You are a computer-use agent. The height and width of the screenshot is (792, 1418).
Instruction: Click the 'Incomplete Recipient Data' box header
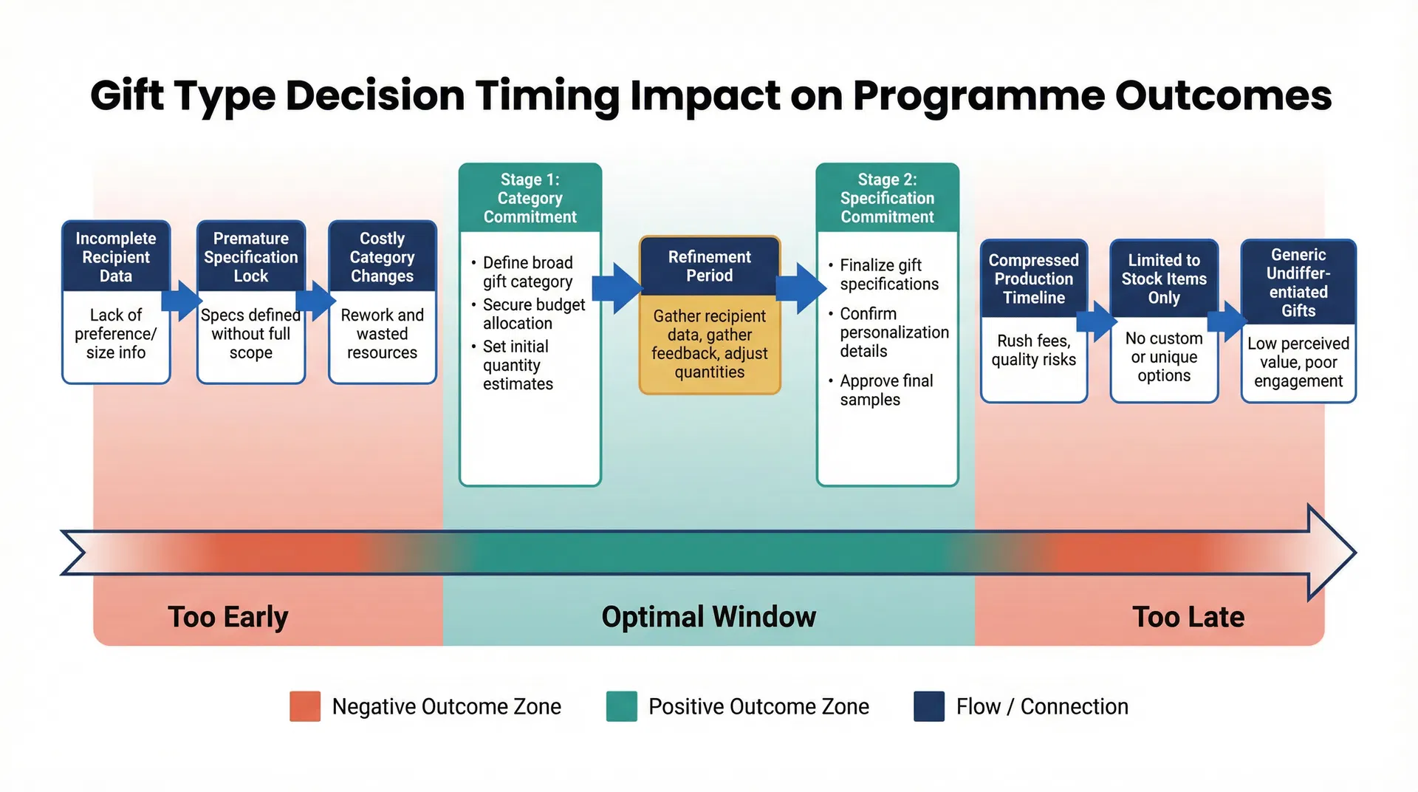point(116,257)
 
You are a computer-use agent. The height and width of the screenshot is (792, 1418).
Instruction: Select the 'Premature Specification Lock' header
point(251,257)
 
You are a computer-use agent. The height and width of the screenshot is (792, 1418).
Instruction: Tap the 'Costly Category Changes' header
point(382,257)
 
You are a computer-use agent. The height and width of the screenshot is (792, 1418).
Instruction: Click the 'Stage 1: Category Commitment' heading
point(530,198)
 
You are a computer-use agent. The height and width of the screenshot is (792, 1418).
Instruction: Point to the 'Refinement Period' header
point(709,266)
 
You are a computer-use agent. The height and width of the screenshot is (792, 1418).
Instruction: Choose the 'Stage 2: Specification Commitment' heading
point(887,198)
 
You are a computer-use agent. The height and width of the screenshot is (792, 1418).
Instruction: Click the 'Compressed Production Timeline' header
point(1033,279)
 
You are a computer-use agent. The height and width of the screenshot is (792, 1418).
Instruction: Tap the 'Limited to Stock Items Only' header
point(1164,279)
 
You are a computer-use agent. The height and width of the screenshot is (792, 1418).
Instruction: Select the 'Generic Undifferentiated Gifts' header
point(1298,282)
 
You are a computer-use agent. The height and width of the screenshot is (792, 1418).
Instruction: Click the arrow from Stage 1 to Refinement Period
point(617,288)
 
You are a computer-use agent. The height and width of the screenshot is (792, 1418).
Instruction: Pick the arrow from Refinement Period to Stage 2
point(801,288)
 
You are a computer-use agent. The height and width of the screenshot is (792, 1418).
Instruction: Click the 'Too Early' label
point(227,617)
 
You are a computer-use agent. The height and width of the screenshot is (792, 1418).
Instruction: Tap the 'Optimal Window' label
point(708,617)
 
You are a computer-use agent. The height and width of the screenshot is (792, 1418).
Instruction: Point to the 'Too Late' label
point(1188,617)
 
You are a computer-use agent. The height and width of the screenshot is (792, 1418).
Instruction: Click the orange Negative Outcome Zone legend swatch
point(305,706)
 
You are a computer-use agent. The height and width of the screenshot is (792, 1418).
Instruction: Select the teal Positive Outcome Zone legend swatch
point(621,706)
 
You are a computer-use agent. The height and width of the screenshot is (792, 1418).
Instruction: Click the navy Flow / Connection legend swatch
point(928,706)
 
